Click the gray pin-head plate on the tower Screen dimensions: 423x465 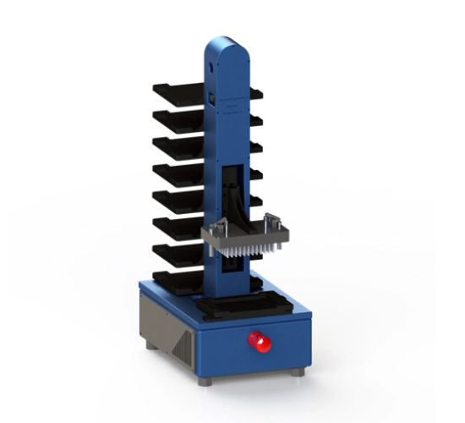click(x=245, y=237)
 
